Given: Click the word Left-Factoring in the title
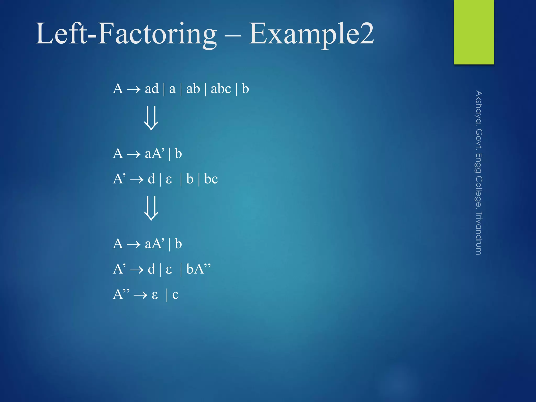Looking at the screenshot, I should point(126,34).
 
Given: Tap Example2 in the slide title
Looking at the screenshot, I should point(311,34).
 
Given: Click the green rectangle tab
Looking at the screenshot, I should point(474,32).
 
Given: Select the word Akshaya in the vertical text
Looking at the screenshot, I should point(479,107).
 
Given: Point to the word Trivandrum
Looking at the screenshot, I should point(479,233).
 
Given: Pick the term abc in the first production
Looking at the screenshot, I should point(221,89).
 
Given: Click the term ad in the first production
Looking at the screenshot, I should point(152,89).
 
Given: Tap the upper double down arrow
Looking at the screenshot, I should point(151,118).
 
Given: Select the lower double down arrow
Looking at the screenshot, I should point(151,208).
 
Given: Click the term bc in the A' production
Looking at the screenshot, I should point(211,179).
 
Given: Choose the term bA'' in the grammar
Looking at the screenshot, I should point(198,269).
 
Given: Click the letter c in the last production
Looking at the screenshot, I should point(175,295).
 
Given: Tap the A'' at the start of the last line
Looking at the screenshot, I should point(121,294).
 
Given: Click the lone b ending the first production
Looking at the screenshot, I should point(245,89).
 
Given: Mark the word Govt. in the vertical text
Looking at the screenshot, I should point(479,139).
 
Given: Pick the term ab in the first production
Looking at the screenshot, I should point(193,89).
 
